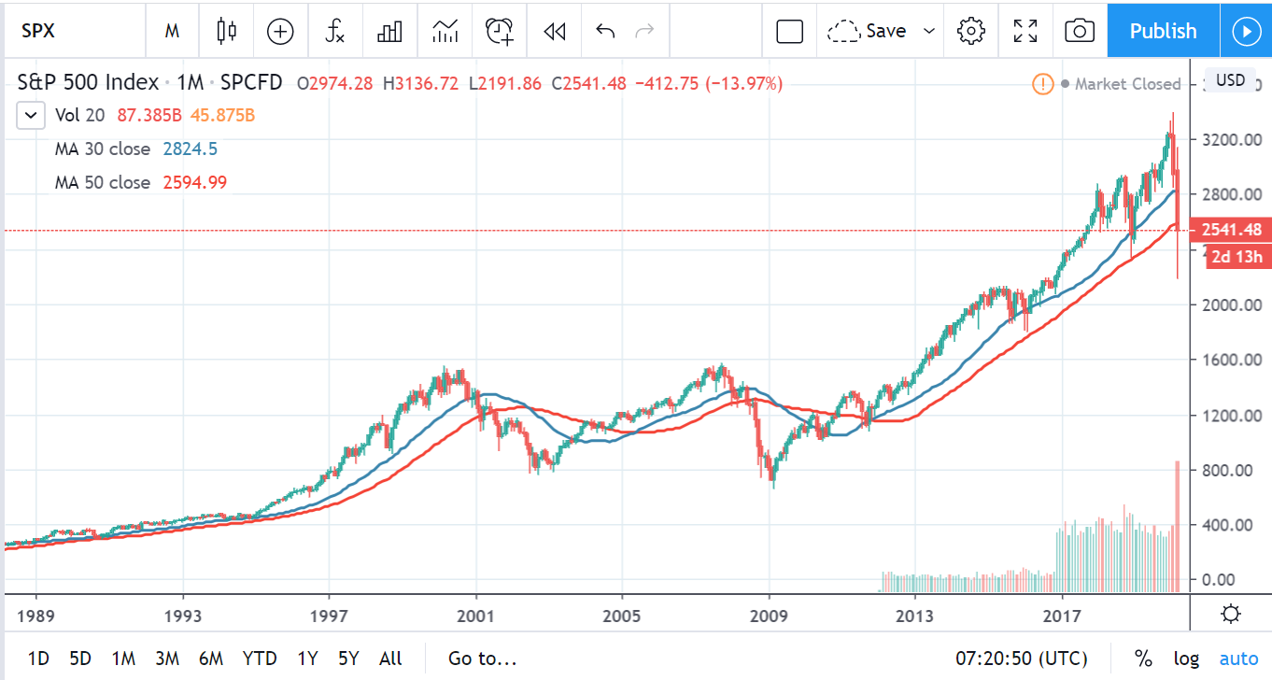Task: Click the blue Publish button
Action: point(1163,31)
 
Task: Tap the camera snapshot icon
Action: point(1080,31)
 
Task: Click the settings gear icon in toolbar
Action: point(971,31)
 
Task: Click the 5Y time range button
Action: point(348,659)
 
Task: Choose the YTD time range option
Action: point(259,659)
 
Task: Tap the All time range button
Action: point(390,659)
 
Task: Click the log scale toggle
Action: point(1186,659)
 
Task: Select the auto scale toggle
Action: point(1238,659)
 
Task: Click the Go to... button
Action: point(482,659)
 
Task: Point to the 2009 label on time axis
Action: point(769,616)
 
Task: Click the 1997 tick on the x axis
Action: point(330,616)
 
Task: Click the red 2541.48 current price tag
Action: point(1233,230)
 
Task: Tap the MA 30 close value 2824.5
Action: point(191,149)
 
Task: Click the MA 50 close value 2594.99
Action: point(194,182)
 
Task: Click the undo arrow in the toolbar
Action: point(605,31)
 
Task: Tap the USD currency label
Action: point(1229,80)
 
